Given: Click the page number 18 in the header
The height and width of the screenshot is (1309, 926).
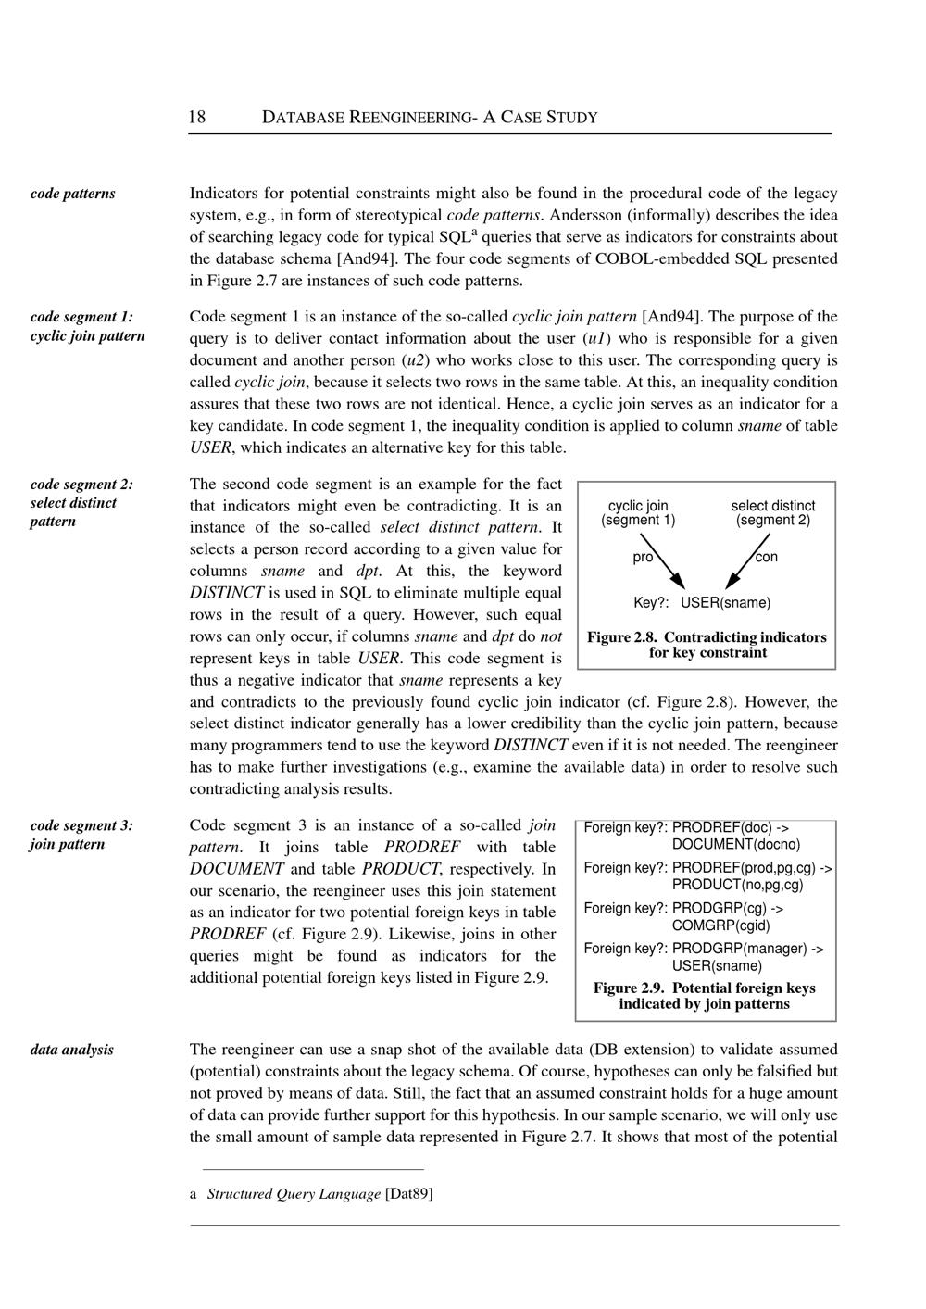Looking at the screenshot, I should point(197,118).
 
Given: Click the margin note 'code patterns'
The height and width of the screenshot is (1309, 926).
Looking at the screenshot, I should point(73,194).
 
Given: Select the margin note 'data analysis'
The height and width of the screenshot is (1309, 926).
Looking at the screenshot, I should point(72,1050).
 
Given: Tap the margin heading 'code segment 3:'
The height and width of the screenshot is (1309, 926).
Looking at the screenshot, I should point(81,825).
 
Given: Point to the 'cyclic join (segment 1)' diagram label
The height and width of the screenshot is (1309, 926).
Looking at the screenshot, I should point(638,513).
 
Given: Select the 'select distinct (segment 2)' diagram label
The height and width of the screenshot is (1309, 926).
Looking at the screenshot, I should point(773,513).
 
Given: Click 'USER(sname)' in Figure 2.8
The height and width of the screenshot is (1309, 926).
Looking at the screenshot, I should point(725,603).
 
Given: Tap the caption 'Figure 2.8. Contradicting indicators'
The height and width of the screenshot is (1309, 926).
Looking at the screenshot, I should point(707,637).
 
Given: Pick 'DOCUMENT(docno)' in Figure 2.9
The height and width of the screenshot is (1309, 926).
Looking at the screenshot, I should point(736,845).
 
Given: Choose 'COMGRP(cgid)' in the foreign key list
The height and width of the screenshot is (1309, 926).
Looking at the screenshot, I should point(721,925).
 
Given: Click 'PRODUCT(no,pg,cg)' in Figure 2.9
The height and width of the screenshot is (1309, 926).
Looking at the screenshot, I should point(738,885).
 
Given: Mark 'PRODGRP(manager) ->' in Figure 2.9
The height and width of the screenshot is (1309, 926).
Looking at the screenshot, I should point(748,949).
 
